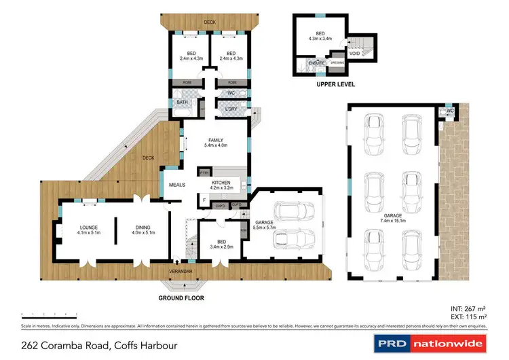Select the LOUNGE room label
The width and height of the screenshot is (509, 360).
(x=70, y=230)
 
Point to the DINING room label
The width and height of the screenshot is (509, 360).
(x=142, y=230)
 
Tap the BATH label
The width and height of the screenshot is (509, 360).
(x=182, y=103)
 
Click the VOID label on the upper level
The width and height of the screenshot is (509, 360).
(x=354, y=52)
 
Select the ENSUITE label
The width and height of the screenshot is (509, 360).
(x=316, y=63)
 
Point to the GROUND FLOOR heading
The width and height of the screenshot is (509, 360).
(x=181, y=298)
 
